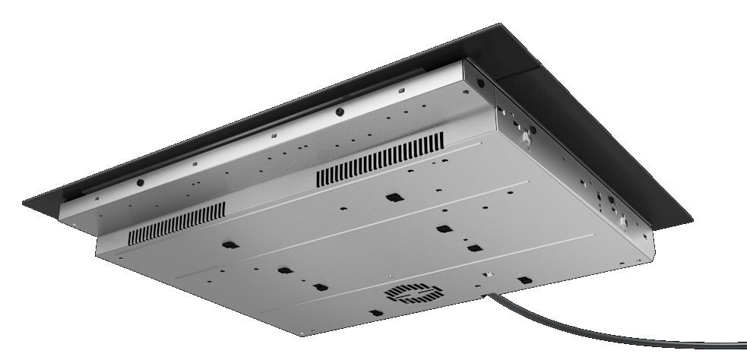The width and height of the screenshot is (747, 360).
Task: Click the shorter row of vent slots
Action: [177, 223]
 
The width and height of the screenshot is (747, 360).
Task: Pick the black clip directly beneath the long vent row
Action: [392, 197]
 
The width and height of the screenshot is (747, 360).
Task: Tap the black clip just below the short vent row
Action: [227, 245]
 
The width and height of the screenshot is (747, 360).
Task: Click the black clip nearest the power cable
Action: [523, 280]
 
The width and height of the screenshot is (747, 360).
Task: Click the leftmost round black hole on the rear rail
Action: [141, 183]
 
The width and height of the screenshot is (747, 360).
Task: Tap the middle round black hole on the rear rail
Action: [339, 111]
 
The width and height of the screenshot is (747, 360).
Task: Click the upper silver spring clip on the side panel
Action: [524, 137]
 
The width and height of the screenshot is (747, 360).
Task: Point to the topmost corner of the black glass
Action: [502, 24]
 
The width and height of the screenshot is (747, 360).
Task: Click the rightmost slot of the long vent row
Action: [442, 140]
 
